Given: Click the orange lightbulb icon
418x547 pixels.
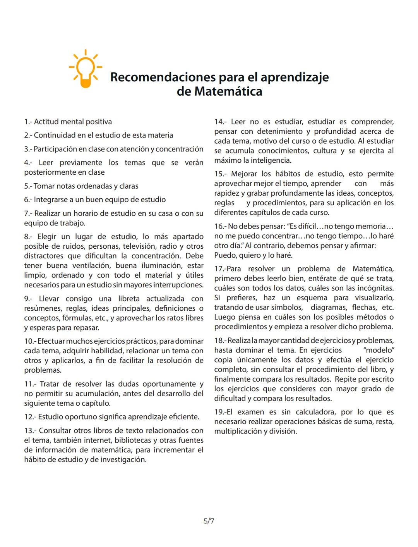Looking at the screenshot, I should [x=86, y=69].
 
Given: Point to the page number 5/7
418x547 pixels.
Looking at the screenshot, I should [x=209, y=521].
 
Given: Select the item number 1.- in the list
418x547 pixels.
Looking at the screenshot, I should [x=28, y=122].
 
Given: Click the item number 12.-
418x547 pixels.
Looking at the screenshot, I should [x=30, y=417].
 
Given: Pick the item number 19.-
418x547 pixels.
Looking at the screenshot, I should [x=220, y=412].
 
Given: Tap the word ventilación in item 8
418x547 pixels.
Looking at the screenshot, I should [x=92, y=266].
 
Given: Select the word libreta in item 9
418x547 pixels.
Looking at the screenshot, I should [x=129, y=299].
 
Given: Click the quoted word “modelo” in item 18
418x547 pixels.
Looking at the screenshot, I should [x=379, y=350].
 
